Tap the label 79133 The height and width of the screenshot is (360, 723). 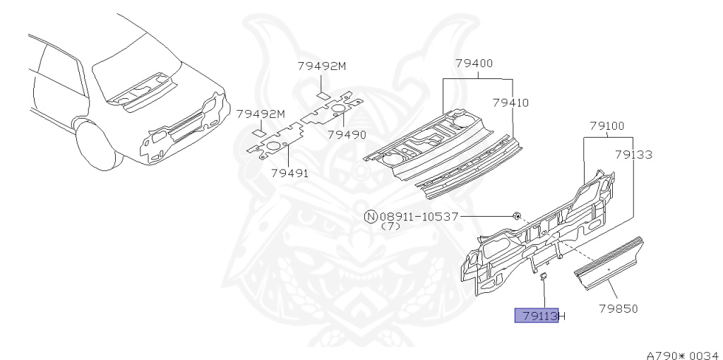(x=633, y=155)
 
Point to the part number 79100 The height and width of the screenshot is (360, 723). (x=607, y=126)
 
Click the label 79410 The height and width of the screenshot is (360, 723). (x=510, y=102)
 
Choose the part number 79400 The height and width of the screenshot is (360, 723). (x=474, y=64)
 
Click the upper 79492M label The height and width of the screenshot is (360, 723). (x=321, y=66)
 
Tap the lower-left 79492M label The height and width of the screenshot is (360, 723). (x=261, y=114)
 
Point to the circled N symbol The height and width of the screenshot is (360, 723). (x=370, y=217)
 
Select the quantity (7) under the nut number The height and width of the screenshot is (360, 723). (x=390, y=227)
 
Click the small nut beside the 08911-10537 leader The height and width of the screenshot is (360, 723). (x=517, y=215)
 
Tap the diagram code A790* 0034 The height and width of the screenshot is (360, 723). (x=682, y=355)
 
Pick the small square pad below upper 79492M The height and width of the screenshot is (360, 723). (x=322, y=94)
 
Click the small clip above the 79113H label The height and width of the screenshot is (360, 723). (x=544, y=276)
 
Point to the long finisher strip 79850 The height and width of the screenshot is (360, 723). (x=611, y=262)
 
